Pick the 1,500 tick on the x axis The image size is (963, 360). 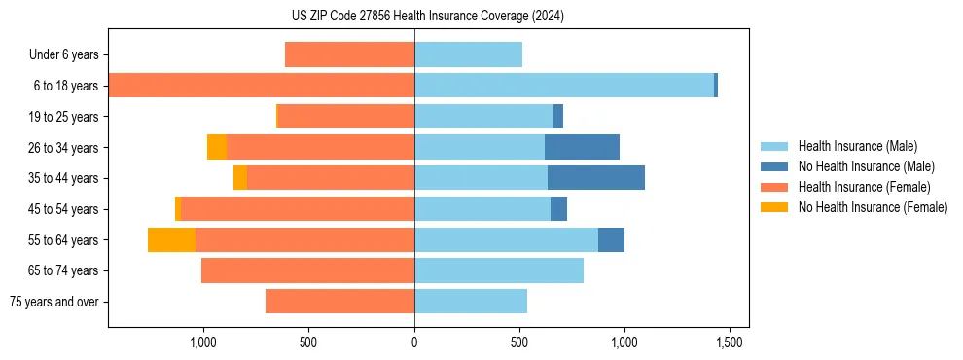tap(730, 343)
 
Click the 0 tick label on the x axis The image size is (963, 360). tap(414, 343)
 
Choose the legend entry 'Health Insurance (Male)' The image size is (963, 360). tap(857, 146)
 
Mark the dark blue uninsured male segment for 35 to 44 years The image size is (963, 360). tap(596, 178)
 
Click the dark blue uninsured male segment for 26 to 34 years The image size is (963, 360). tap(582, 147)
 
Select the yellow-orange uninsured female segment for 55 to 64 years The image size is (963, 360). tap(171, 239)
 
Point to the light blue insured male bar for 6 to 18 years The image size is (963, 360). tap(564, 86)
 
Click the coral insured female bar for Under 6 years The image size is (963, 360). tap(349, 55)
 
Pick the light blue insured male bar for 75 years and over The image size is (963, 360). tap(471, 302)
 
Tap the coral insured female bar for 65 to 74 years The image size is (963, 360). tap(307, 270)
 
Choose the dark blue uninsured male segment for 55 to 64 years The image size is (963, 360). tap(611, 239)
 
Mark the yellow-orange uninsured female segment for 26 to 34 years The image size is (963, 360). tap(217, 147)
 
